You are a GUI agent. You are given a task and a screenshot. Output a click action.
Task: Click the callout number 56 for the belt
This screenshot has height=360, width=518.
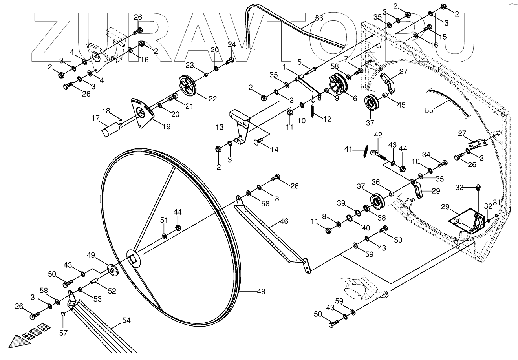pos(319,18)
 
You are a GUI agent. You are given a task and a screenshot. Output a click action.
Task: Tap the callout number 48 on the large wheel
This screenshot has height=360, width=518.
pos(261,292)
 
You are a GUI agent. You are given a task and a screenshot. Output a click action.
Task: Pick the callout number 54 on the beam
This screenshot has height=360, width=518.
pos(126,321)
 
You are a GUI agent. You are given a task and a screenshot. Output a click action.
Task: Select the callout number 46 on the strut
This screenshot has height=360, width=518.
pos(284,221)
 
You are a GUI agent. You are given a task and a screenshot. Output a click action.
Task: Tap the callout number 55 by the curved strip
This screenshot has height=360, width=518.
pos(429,111)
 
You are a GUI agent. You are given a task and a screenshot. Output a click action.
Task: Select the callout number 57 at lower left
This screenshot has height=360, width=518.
pos(63,333)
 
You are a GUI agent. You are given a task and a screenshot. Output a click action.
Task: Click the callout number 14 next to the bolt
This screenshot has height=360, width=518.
pos(274,150)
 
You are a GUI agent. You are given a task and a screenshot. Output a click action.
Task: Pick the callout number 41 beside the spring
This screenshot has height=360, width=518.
pos(349,149)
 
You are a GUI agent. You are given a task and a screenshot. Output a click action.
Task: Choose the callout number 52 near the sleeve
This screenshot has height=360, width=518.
pos(112,291)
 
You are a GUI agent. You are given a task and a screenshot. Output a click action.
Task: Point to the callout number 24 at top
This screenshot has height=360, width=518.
pos(232,44)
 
